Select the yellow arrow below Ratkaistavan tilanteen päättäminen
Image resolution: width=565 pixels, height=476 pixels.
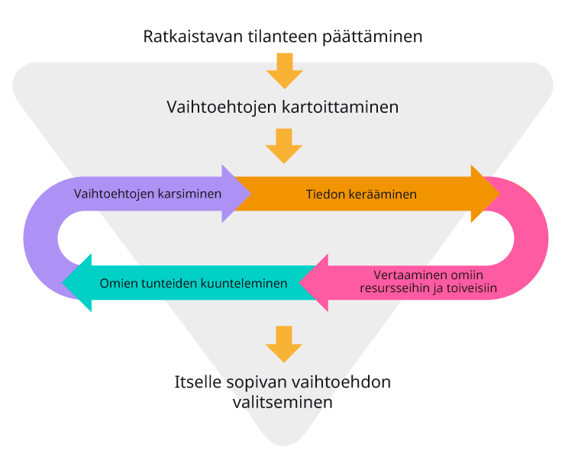tap(284, 71)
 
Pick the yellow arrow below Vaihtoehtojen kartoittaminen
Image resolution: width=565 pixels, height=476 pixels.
tap(284, 146)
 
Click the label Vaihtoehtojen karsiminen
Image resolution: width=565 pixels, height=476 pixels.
tap(147, 194)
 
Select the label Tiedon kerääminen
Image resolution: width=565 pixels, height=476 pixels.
tap(361, 195)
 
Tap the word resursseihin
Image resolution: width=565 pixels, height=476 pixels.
tap(402, 288)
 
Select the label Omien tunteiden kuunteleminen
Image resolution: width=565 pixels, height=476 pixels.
tap(193, 283)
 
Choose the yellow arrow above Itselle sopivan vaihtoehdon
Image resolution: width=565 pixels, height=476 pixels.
tap(284, 344)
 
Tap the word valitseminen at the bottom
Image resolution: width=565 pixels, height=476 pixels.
tap(282, 401)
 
